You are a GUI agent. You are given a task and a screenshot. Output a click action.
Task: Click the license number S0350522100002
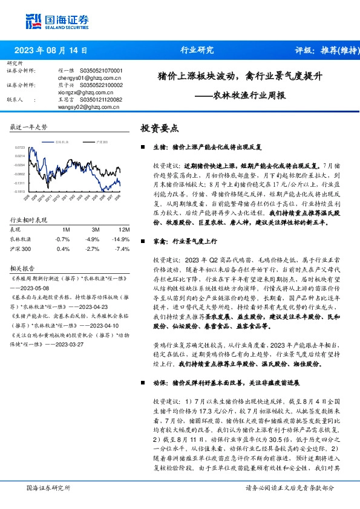101,85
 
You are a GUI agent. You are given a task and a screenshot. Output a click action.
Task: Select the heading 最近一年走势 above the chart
29,128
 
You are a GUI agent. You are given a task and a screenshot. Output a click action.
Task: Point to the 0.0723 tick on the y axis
19,147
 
